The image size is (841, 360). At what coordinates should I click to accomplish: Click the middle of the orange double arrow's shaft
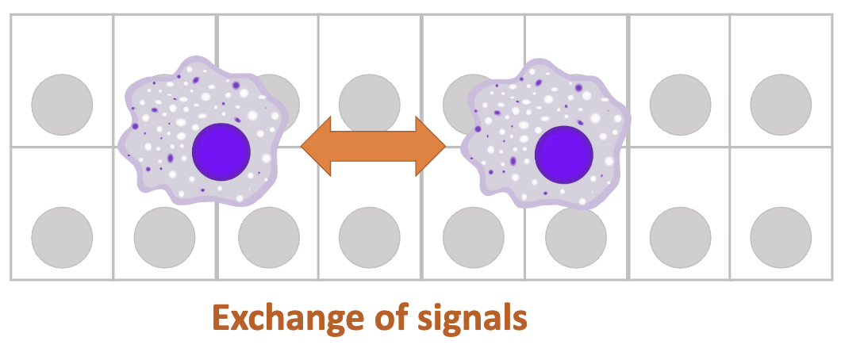coord(374,145)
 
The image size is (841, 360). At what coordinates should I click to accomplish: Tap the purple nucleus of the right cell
coord(564,153)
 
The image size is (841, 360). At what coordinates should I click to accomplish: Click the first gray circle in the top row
coord(62,105)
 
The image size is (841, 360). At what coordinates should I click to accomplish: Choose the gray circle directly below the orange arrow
coord(370,238)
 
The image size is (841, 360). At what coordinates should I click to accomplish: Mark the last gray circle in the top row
coord(781,105)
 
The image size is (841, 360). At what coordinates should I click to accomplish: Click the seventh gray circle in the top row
coord(680,105)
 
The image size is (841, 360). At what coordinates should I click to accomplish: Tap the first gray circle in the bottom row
coord(62,238)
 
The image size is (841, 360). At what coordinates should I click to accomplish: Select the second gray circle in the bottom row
coord(164,238)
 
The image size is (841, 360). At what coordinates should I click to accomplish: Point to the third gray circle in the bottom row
coord(269,238)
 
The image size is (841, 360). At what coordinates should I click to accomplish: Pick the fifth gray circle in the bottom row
coord(473,238)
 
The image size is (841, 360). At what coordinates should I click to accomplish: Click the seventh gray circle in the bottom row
coord(680,238)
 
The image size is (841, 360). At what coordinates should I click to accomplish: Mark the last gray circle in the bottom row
coord(781,238)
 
